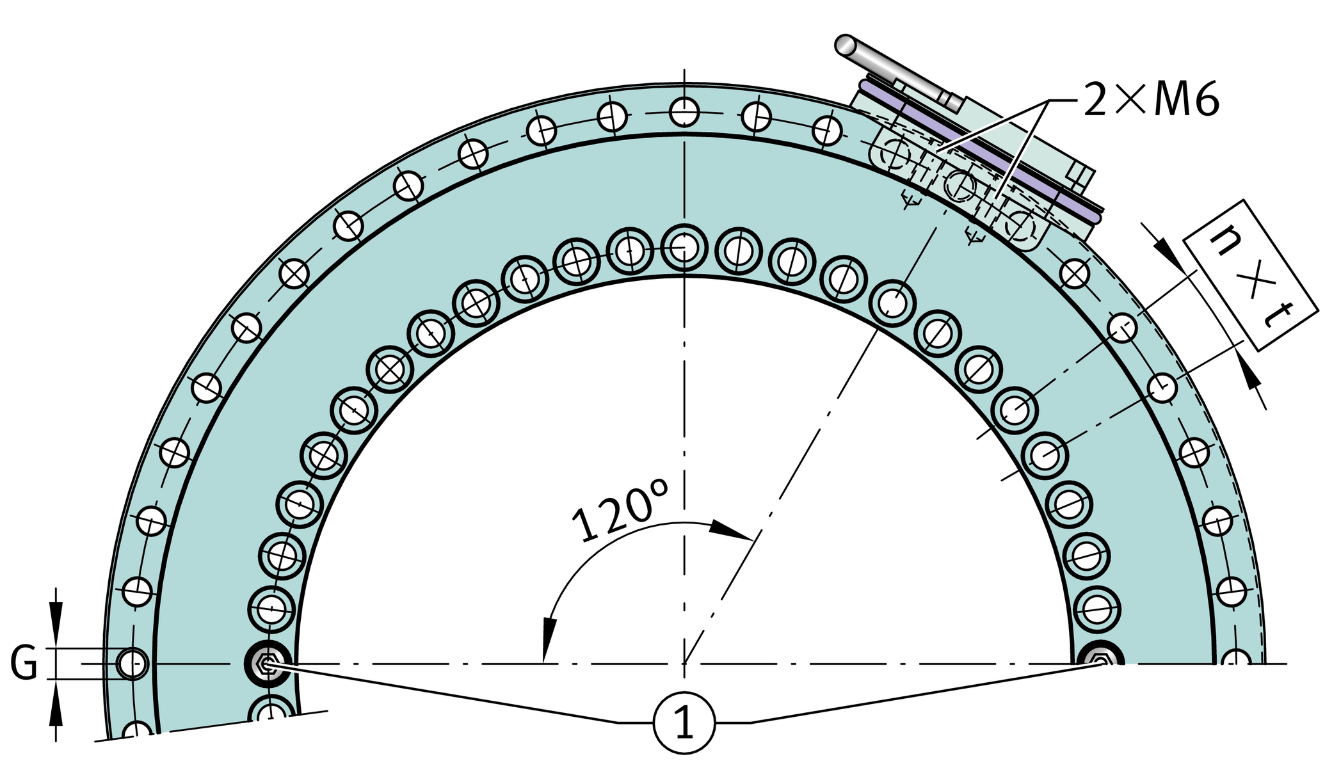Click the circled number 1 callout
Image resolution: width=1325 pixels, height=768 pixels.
point(684,723)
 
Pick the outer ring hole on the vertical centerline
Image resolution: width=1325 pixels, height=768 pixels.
point(684,113)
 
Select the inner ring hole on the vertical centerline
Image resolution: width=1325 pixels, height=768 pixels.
point(684,247)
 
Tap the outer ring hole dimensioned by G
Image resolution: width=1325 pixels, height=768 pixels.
point(132,664)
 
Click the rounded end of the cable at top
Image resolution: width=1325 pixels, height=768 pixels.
point(845,44)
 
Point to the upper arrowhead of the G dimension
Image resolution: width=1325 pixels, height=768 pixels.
point(56,618)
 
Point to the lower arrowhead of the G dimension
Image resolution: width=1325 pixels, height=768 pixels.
point(56,710)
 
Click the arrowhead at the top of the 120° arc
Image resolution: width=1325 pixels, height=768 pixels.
point(730,530)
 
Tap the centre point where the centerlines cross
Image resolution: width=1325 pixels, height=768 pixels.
point(684,664)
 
